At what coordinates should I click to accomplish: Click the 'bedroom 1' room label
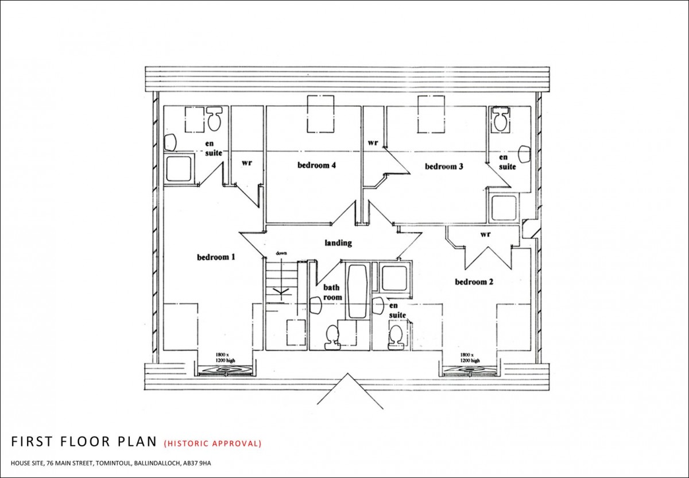216,257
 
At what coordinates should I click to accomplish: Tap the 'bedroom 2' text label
474,282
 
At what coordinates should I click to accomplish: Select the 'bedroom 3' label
444,167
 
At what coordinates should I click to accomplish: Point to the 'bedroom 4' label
316,165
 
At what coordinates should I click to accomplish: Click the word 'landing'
338,243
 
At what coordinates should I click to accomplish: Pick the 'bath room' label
332,292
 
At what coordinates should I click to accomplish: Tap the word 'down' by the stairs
281,253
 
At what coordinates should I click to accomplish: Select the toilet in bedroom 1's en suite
215,118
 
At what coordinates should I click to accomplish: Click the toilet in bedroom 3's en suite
500,119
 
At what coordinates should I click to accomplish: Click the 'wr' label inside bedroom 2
485,234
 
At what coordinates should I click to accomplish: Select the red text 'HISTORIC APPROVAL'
212,444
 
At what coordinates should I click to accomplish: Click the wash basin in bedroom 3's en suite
523,153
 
